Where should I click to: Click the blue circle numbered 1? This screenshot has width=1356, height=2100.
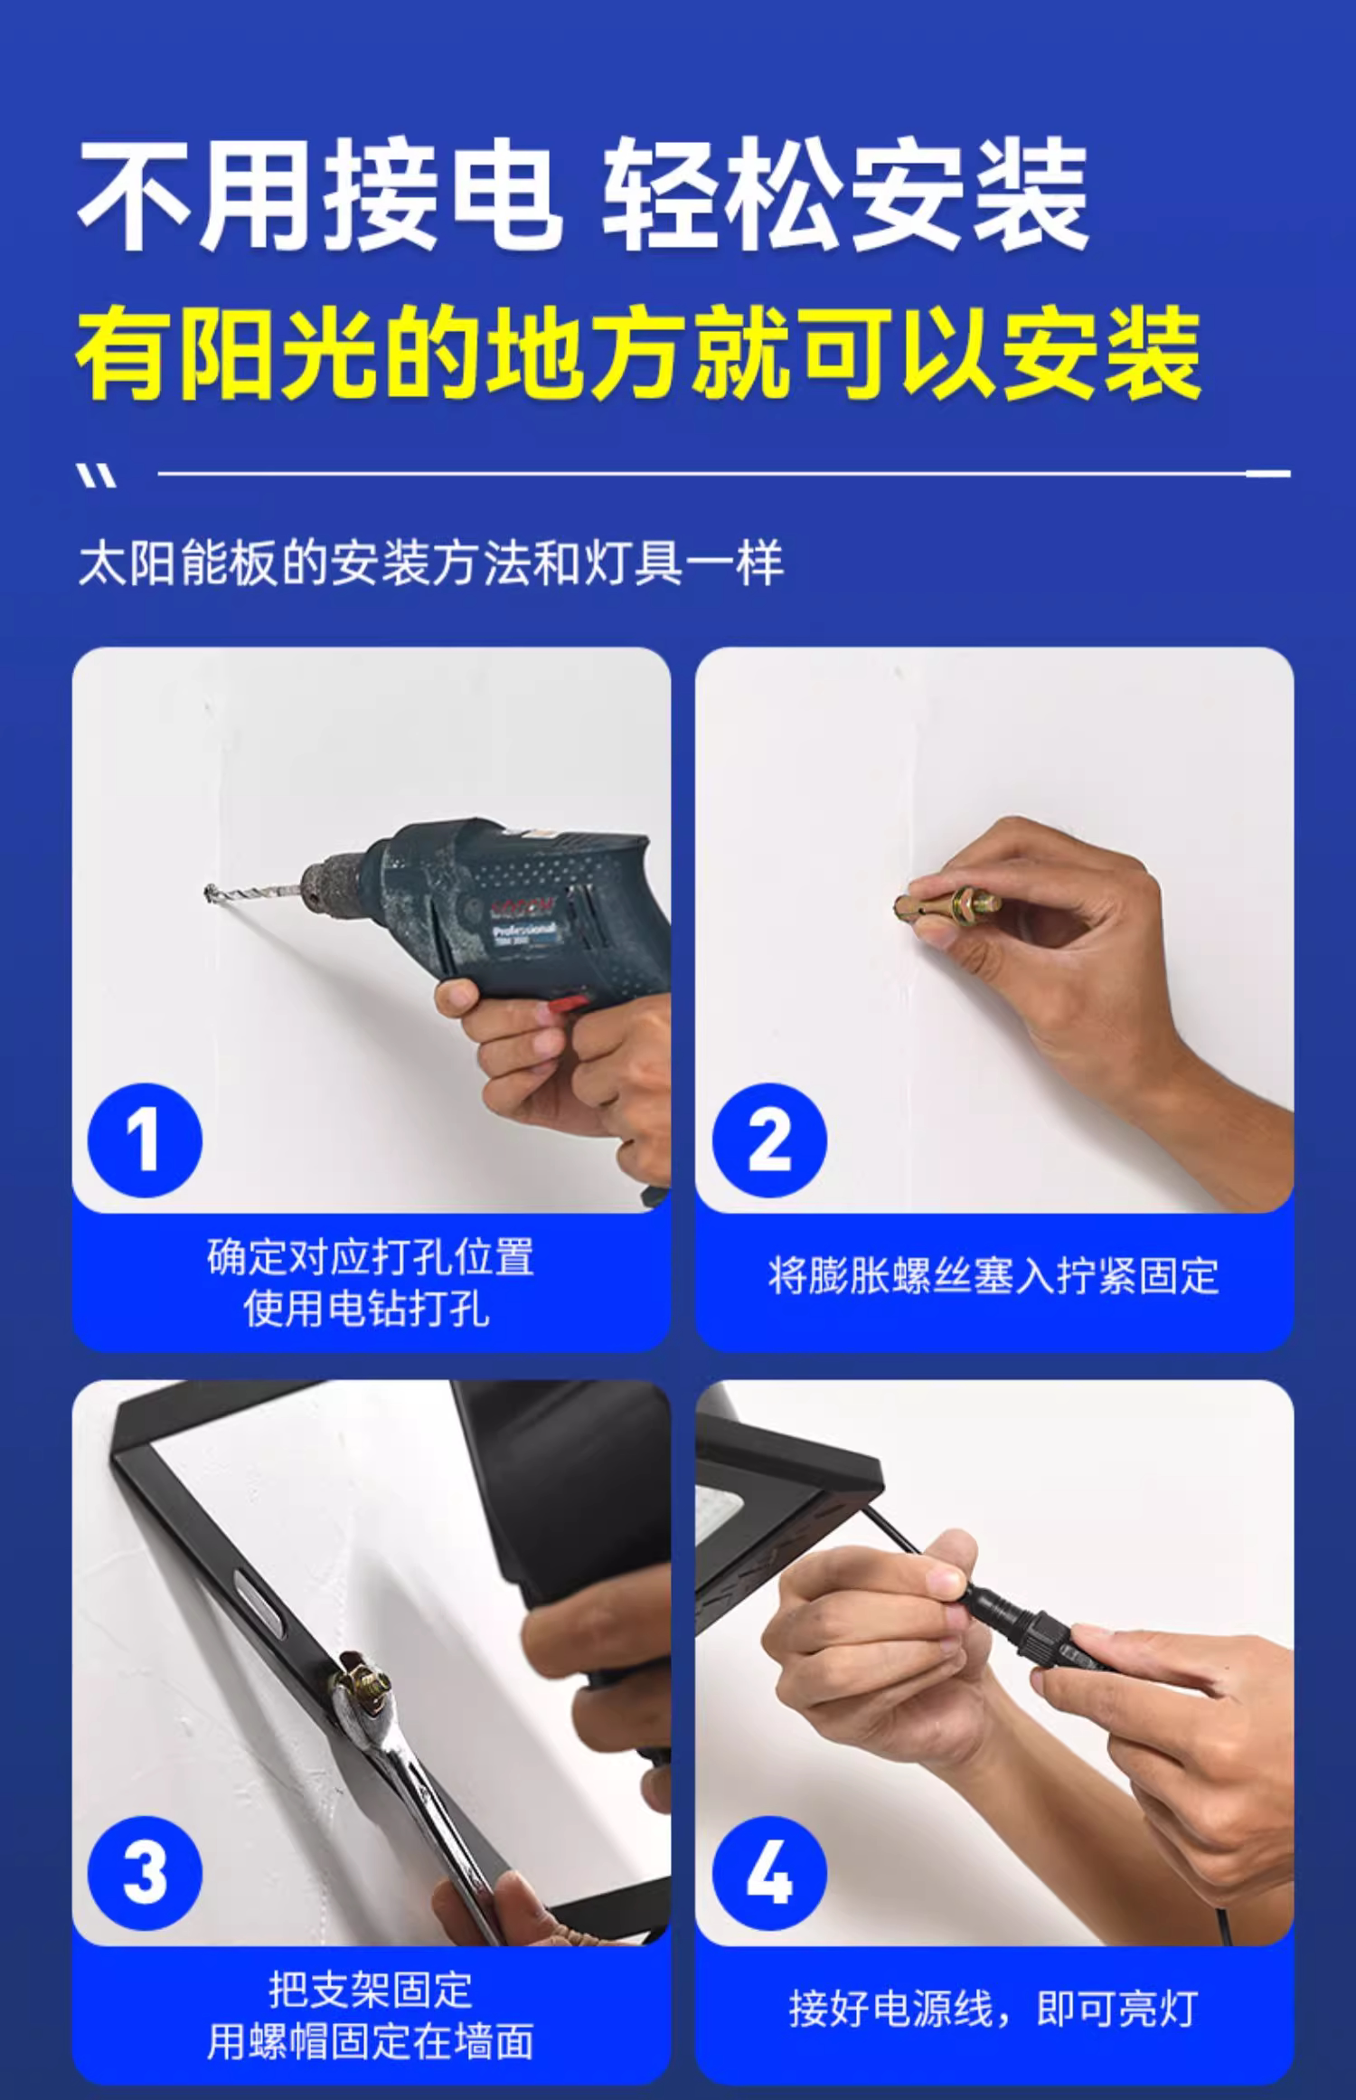(145, 1140)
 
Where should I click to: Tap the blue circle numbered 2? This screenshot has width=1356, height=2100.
(769, 1140)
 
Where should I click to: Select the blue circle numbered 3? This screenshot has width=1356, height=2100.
(145, 1873)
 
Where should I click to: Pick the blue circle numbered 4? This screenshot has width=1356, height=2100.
(769, 1873)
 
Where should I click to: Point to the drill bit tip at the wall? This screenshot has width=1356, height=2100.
(209, 892)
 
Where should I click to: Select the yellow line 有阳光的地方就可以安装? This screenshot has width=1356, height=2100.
(638, 353)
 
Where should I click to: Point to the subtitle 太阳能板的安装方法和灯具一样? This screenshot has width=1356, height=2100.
(430, 563)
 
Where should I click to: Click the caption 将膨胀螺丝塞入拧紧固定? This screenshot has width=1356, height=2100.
(993, 1275)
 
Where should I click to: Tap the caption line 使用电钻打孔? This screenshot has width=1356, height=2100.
(367, 1309)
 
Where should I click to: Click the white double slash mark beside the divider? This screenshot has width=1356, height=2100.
(96, 476)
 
